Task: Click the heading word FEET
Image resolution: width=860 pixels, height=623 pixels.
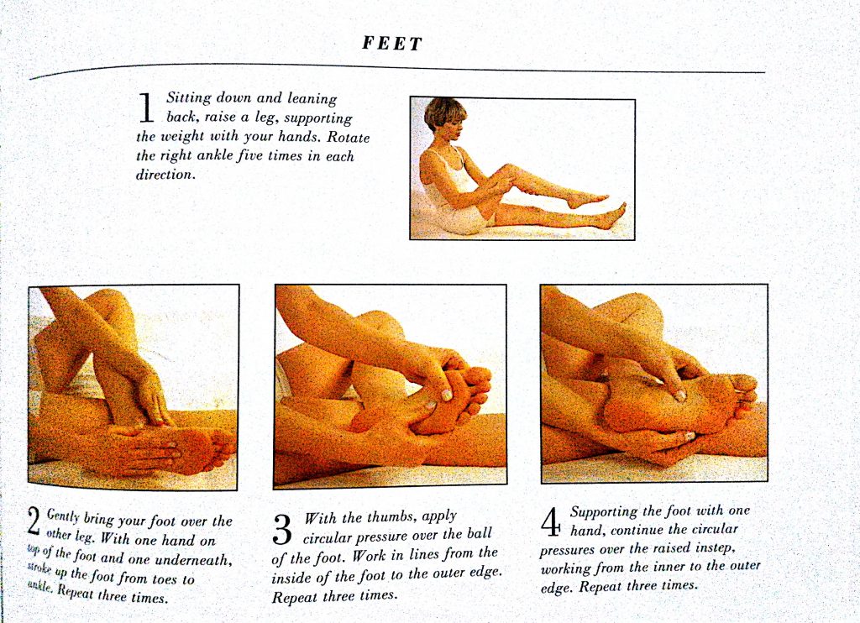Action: pyautogui.click(x=392, y=44)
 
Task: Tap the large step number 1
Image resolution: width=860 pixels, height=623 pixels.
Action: pyautogui.click(x=146, y=108)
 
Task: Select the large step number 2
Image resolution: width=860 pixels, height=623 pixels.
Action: pyautogui.click(x=34, y=521)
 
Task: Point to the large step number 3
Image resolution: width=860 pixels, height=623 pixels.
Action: pyautogui.click(x=282, y=529)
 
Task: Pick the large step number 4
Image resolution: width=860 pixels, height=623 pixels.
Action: pyautogui.click(x=551, y=522)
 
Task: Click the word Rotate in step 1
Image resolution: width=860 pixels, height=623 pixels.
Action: pyautogui.click(x=349, y=137)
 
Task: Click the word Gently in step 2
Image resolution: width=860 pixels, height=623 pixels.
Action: pyautogui.click(x=63, y=516)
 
